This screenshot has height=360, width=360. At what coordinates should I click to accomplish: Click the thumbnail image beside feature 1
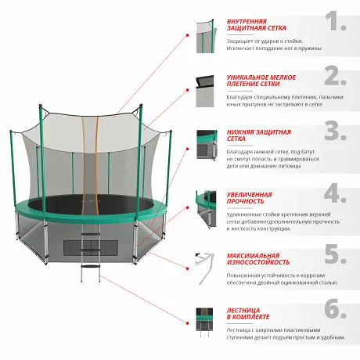[205, 35]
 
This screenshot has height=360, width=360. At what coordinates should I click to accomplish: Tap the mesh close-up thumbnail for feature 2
[205, 91]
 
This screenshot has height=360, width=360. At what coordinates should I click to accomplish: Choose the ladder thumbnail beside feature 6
[205, 325]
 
